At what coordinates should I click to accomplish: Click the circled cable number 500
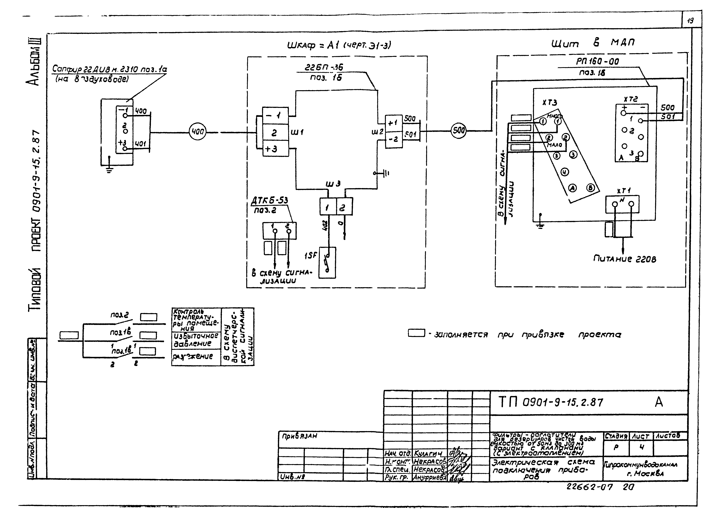click(x=458, y=130)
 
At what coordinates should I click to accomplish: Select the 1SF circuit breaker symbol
click(x=327, y=263)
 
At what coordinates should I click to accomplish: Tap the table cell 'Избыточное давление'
click(x=196, y=340)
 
